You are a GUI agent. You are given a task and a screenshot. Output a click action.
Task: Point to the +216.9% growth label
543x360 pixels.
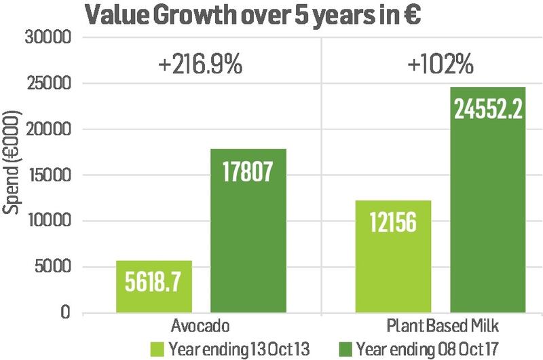coord(200,67)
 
